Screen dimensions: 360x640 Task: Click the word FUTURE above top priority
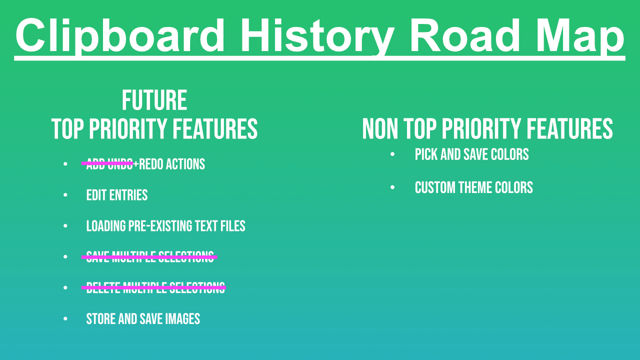point(154,100)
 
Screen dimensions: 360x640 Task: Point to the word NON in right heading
point(380,129)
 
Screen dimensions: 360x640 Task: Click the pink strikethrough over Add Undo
point(108,163)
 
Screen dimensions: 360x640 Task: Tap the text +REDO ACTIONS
point(169,164)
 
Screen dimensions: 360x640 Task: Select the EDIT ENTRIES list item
point(117,195)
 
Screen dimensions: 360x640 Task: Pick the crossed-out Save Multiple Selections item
point(150,257)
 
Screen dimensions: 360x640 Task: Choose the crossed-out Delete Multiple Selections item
point(155,288)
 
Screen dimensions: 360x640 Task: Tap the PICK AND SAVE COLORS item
point(471,154)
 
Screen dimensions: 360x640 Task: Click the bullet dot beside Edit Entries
point(65,195)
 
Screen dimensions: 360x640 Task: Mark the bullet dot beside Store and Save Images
point(65,319)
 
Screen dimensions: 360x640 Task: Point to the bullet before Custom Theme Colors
point(392,188)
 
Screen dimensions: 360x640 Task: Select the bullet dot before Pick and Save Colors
point(392,154)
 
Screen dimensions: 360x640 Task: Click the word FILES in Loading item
point(233,226)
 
